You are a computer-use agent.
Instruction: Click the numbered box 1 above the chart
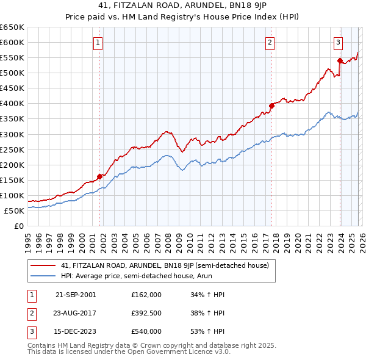(98, 42)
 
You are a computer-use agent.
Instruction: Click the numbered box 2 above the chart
(270, 42)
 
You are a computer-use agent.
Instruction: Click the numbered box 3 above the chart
(337, 42)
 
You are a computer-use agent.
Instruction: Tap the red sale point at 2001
(99, 176)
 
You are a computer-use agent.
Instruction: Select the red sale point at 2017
(271, 106)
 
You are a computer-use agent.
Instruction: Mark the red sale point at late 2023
(339, 60)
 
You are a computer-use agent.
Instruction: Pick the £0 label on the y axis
(19, 226)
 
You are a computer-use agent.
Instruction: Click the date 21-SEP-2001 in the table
(76, 295)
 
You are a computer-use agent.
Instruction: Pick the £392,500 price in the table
(146, 313)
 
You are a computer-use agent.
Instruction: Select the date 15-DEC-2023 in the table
(76, 331)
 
